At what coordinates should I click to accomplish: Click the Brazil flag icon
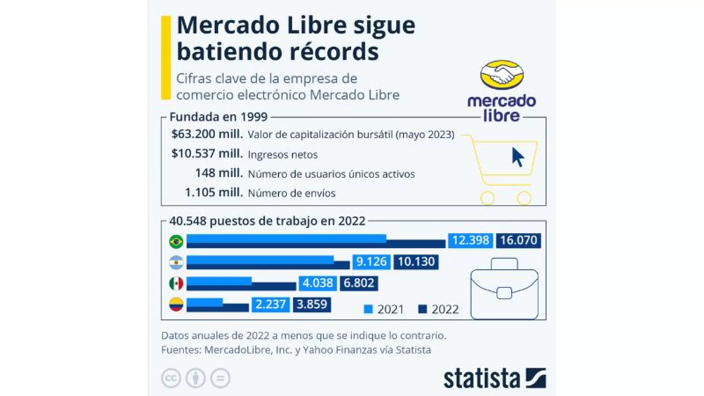176,242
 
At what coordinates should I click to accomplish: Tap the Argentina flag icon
176,263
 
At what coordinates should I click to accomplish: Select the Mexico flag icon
176,284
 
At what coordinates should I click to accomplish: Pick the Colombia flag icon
176,304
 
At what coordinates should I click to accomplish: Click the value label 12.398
470,240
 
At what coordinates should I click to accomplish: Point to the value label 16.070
518,240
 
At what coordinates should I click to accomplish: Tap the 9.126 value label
371,262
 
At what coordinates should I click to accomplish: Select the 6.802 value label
359,283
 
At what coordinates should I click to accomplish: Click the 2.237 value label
270,304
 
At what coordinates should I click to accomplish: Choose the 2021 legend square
368,309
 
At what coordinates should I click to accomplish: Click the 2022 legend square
422,309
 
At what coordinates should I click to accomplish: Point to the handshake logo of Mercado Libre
502,74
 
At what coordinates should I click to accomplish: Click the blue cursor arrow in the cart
517,157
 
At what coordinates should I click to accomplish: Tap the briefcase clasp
504,293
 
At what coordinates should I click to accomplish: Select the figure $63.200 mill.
207,134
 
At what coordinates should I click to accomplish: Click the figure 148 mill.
219,173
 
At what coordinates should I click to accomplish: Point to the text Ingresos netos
282,154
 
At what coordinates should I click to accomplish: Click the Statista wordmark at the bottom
481,379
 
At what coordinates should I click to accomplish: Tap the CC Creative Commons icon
171,378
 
